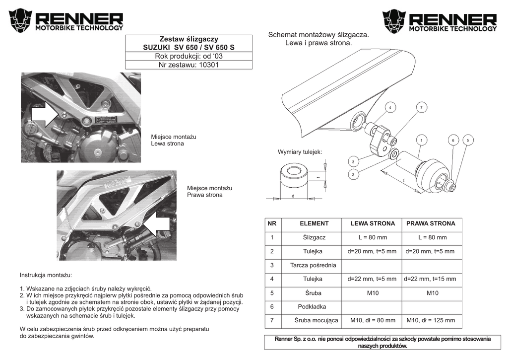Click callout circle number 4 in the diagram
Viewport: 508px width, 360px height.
tap(390, 108)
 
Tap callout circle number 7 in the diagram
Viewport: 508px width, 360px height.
tap(421, 108)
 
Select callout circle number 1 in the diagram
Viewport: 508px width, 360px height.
tap(421, 141)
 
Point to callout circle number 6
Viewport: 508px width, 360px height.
tap(452, 141)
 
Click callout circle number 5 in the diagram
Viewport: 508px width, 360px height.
tap(467, 141)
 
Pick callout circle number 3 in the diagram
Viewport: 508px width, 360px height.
tap(353, 162)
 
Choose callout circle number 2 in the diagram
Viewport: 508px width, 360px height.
tap(353, 174)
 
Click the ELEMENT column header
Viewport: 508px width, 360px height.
tap(314, 224)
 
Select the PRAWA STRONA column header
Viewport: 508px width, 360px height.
tap(431, 224)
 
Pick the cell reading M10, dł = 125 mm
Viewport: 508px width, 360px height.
tap(431, 321)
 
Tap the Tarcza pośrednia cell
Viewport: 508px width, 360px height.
tap(314, 265)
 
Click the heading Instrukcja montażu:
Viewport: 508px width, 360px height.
tap(46, 275)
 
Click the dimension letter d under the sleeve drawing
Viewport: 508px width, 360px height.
tap(293, 196)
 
